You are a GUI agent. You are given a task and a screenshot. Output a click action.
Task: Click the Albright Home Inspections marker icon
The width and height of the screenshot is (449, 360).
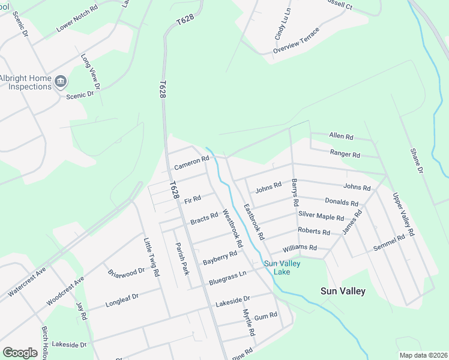(61, 81)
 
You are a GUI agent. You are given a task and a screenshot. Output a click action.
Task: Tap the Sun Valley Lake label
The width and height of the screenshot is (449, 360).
(282, 268)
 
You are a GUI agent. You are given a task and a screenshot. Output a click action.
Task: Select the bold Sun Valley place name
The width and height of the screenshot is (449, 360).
(343, 291)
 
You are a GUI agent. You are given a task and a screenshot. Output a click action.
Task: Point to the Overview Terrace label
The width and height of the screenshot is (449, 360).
(297, 40)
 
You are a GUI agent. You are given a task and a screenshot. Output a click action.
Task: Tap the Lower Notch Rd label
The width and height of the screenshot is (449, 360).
(77, 20)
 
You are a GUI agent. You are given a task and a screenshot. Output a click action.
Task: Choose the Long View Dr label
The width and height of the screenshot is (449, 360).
(91, 72)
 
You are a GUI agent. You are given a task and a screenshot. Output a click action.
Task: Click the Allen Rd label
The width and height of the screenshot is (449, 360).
(342, 137)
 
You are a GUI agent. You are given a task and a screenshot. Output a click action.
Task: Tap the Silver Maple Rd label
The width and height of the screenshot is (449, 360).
(321, 217)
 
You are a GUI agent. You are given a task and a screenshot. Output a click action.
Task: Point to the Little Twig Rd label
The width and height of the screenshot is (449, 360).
(151, 257)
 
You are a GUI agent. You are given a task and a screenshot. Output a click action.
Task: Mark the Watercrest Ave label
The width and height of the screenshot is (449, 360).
(27, 283)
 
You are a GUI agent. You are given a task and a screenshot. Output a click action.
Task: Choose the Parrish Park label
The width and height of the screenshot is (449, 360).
(182, 259)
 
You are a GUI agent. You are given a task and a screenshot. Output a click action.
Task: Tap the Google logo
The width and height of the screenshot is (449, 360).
(20, 352)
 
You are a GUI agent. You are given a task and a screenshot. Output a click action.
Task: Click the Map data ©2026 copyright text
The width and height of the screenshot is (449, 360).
(423, 355)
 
